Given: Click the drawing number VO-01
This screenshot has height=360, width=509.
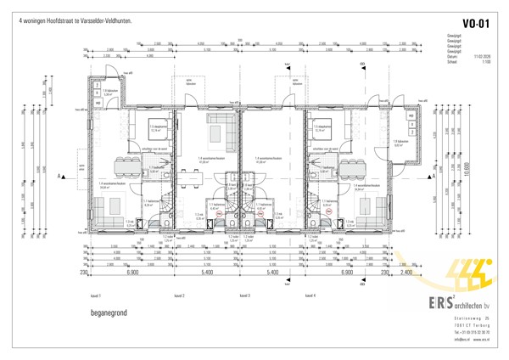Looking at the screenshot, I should click(474, 24).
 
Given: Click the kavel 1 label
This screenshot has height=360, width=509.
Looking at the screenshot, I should click(96, 295).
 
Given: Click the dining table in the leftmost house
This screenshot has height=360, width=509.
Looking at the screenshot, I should click(129, 161).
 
